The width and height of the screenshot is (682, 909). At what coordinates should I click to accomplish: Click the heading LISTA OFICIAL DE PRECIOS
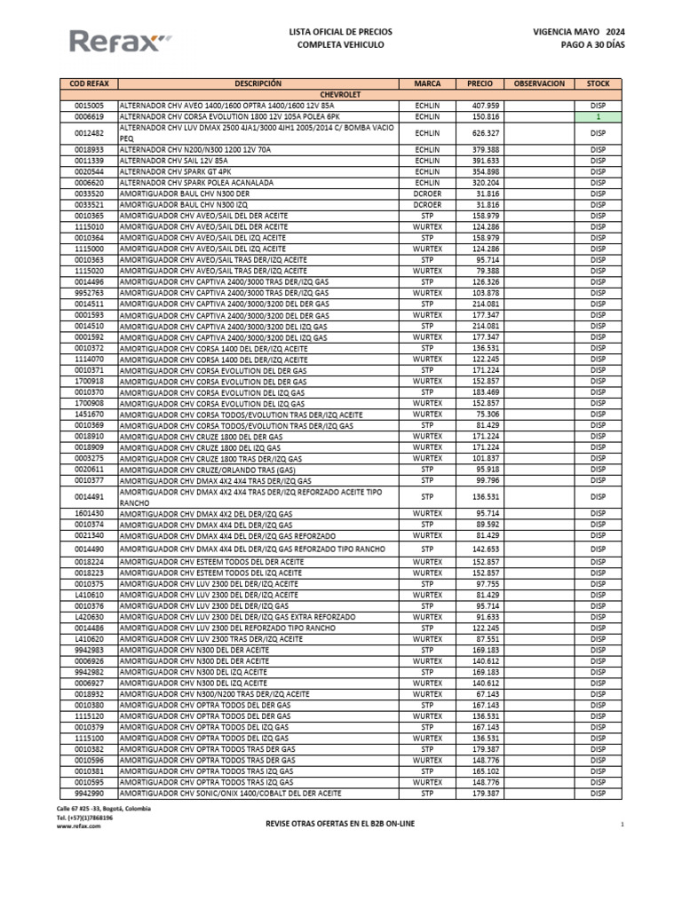coord(340,31)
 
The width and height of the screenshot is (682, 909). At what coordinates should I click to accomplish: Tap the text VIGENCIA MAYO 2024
coord(578,31)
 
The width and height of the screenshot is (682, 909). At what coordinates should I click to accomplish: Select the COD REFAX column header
coord(89,83)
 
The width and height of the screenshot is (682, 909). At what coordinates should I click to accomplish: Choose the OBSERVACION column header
coord(539,83)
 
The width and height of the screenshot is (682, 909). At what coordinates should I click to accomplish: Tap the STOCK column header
coord(598,83)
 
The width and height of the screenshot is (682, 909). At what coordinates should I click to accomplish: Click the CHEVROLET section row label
coord(340,94)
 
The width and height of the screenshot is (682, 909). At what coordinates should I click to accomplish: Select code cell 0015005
coord(89,105)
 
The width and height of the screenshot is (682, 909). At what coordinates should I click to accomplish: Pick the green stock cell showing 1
coord(598,115)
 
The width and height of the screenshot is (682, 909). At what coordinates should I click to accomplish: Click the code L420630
coord(89,616)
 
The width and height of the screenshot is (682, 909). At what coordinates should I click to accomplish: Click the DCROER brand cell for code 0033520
coord(427,193)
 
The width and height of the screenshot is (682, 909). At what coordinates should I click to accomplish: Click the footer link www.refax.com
coord(78,826)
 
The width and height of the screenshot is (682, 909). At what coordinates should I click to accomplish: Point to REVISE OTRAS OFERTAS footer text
coord(340,824)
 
